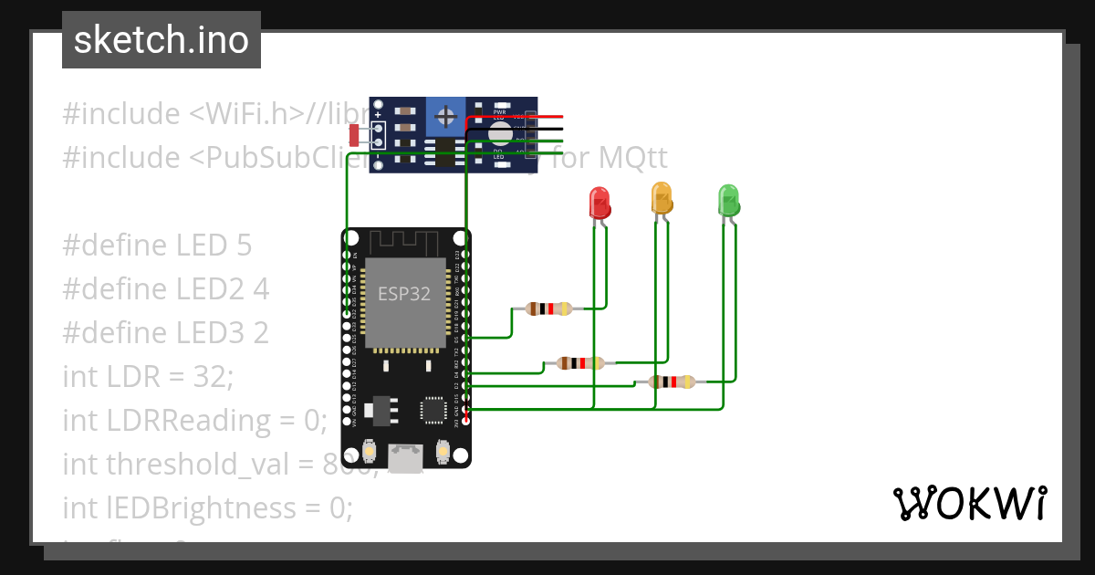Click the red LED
tap(599, 202)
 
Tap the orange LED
tap(661, 197)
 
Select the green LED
tap(728, 200)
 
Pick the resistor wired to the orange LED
tap(579, 363)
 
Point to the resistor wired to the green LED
tap(672, 382)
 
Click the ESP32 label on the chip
tap(406, 294)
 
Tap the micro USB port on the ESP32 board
tap(406, 456)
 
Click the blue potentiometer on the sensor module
tap(445, 116)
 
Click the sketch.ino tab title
tap(162, 40)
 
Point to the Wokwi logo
tap(969, 503)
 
